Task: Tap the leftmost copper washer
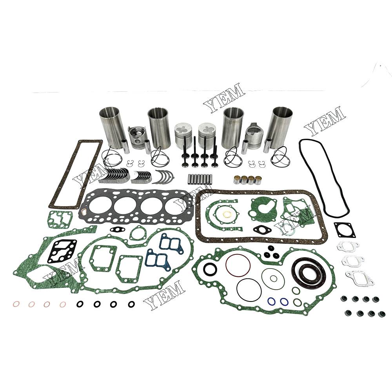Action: point(16,305)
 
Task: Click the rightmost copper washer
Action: point(63,305)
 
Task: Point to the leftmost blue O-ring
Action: point(271,301)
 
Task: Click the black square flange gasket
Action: point(345,229)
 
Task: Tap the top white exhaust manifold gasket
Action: point(348,246)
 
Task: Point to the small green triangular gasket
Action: point(137,233)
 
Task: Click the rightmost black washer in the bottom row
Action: point(131,304)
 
